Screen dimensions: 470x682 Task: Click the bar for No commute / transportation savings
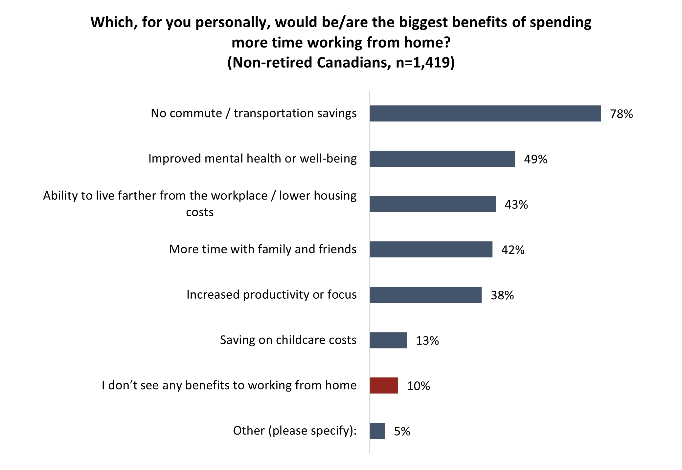[485, 114]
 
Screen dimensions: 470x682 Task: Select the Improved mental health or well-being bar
[442, 159]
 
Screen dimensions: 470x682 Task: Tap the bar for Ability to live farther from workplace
[432, 204]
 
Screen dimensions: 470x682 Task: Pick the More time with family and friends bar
[431, 249]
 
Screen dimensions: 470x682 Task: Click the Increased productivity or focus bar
[425, 295]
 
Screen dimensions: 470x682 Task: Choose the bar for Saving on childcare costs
[388, 340]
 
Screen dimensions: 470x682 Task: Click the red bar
[383, 385]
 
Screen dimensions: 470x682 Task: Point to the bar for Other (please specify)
[377, 431]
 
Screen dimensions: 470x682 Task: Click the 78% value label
[621, 114]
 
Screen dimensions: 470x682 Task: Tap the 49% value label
[535, 159]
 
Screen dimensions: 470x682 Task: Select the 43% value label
[516, 204]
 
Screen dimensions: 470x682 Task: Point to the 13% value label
[427, 341]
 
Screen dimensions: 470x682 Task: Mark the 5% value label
[402, 431]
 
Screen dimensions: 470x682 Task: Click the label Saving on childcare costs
[288, 340]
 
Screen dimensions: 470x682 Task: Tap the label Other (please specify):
[295, 431]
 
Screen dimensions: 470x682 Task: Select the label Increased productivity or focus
[271, 295]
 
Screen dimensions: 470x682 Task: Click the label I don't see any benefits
[229, 385]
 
